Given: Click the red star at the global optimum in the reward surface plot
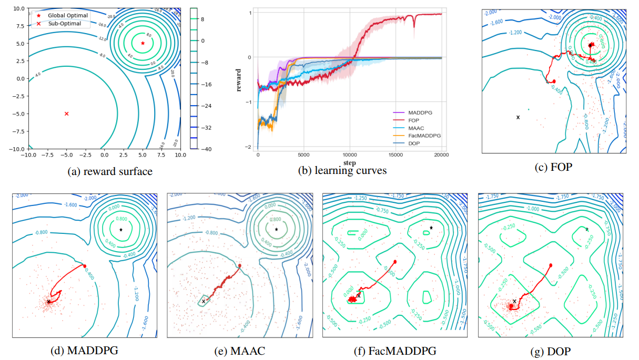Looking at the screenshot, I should tap(143, 43).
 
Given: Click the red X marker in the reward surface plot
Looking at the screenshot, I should tap(66, 114).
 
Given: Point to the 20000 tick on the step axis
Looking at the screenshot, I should tap(441, 155).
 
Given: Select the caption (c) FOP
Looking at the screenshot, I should tap(553, 167).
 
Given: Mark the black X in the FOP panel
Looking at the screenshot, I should tap(518, 117).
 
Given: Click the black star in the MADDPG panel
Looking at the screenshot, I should tap(121, 230).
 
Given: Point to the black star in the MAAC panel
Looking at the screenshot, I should tap(277, 229).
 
